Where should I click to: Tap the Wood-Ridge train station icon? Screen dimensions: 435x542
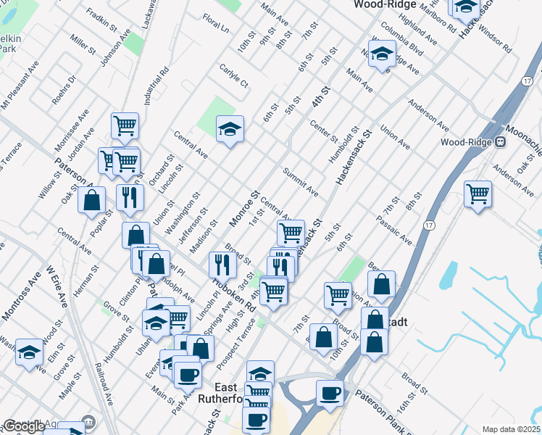pyautogui.click(x=499, y=142)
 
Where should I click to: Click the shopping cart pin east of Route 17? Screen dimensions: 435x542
pyautogui.click(x=478, y=194)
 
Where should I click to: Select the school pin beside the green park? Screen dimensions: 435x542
pyautogui.click(x=230, y=129)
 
